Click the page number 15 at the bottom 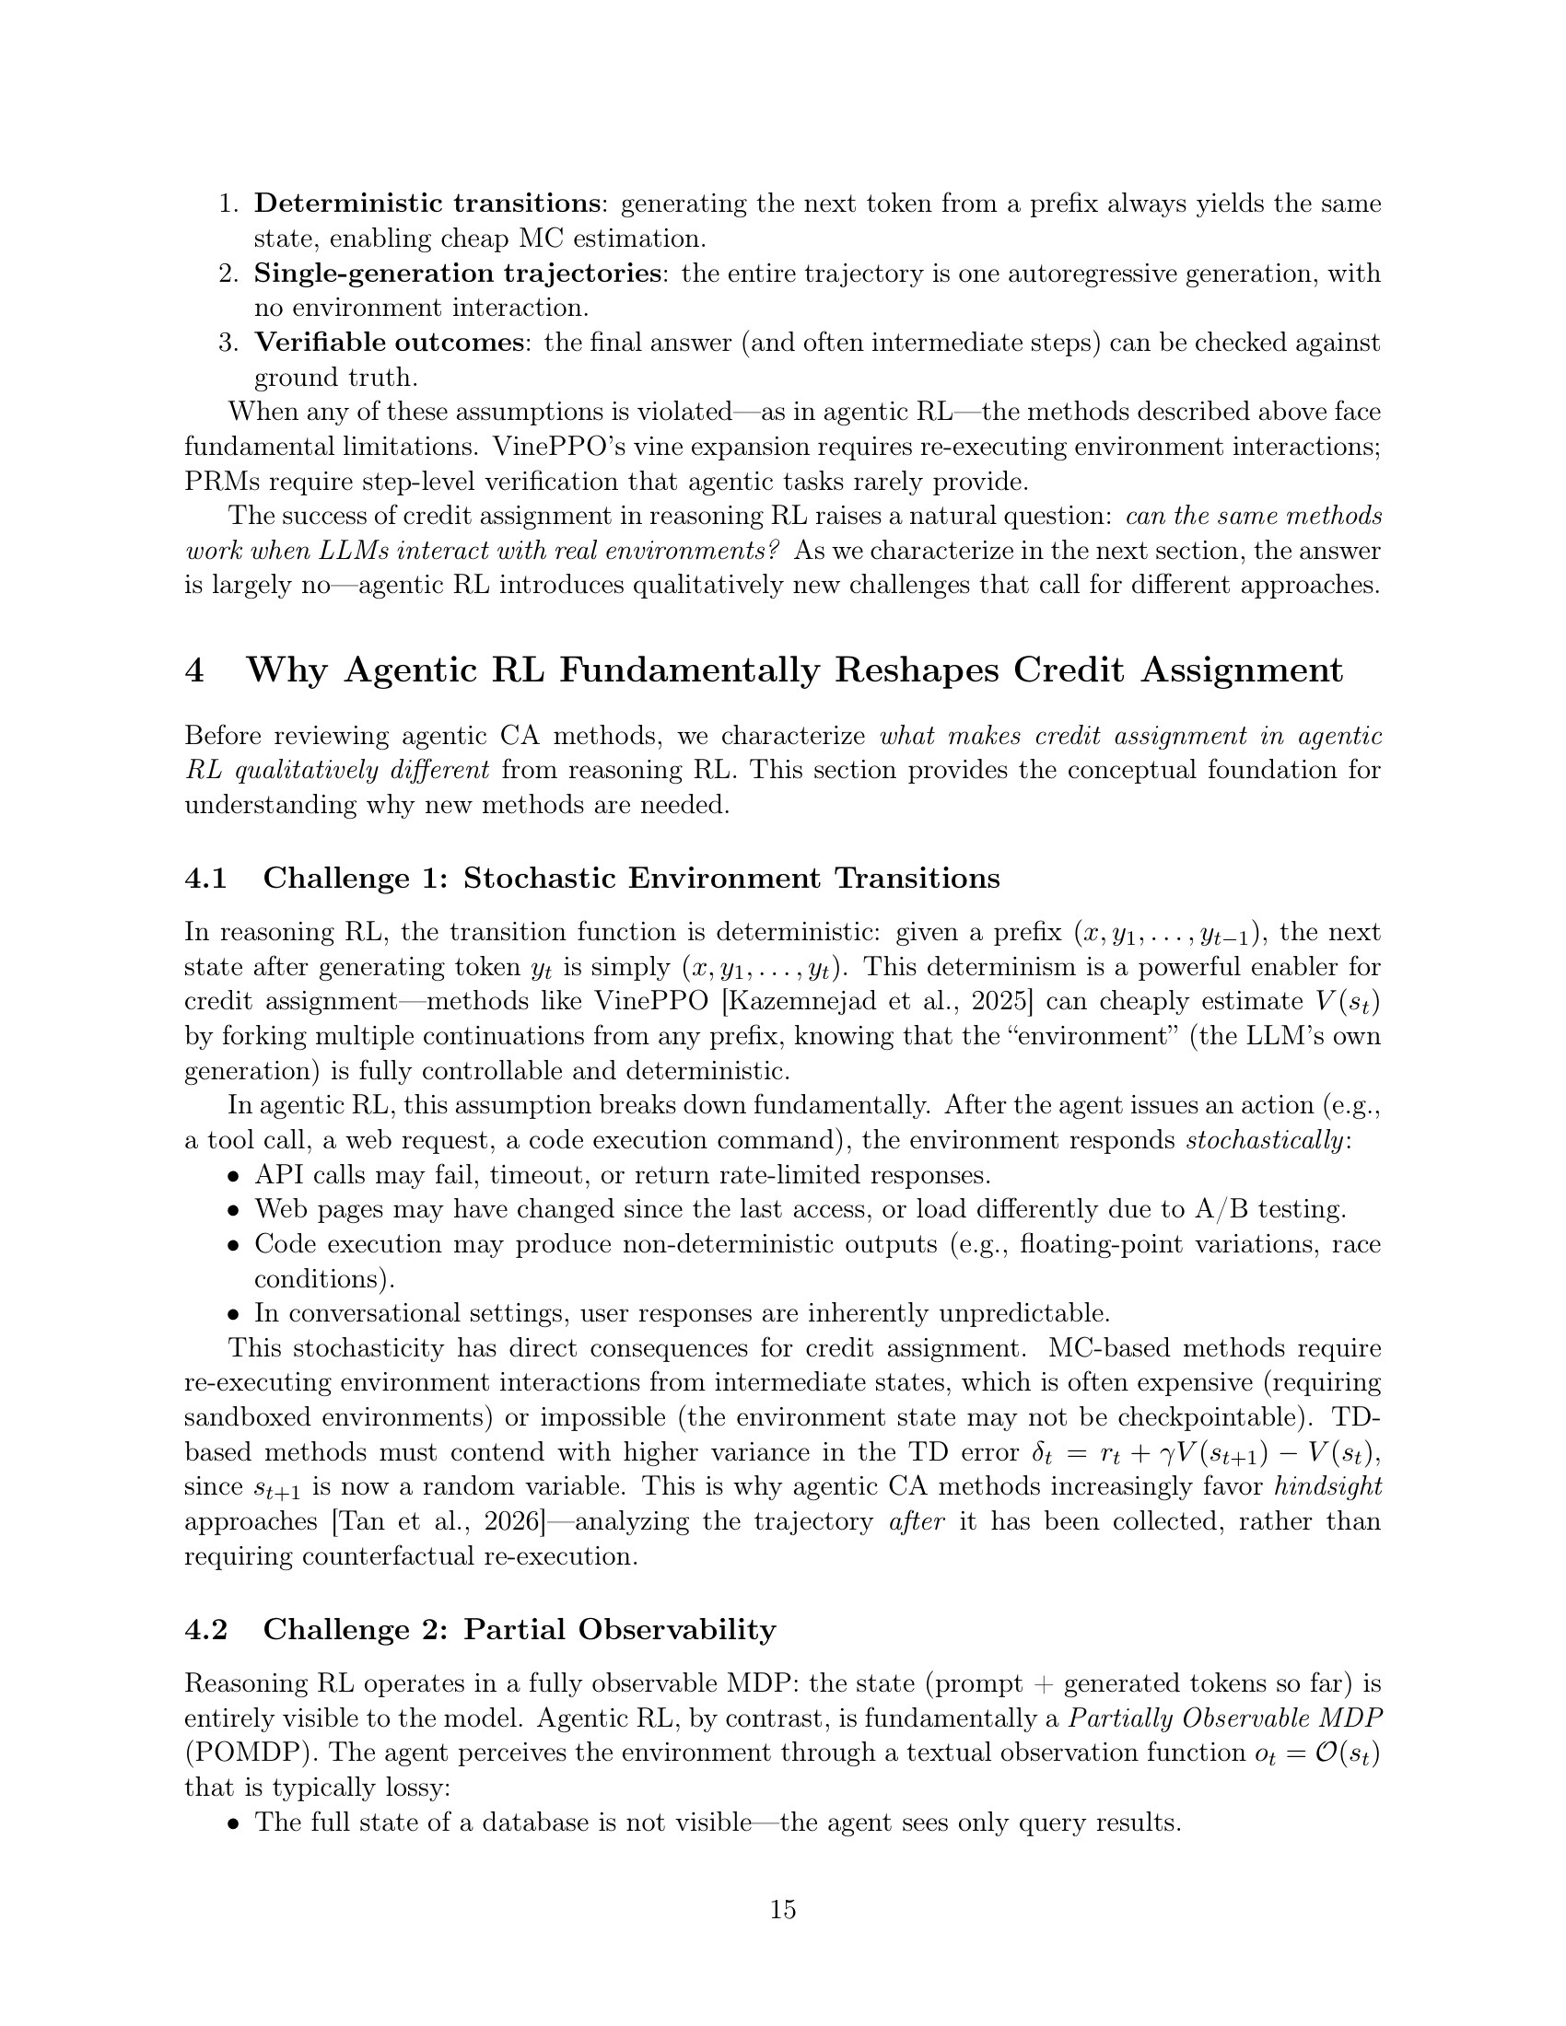(782, 1909)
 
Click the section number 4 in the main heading (194, 670)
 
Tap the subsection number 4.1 (206, 878)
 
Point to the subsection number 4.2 (206, 1629)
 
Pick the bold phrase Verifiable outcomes (389, 343)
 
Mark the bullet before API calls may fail (234, 1176)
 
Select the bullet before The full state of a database (234, 1822)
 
